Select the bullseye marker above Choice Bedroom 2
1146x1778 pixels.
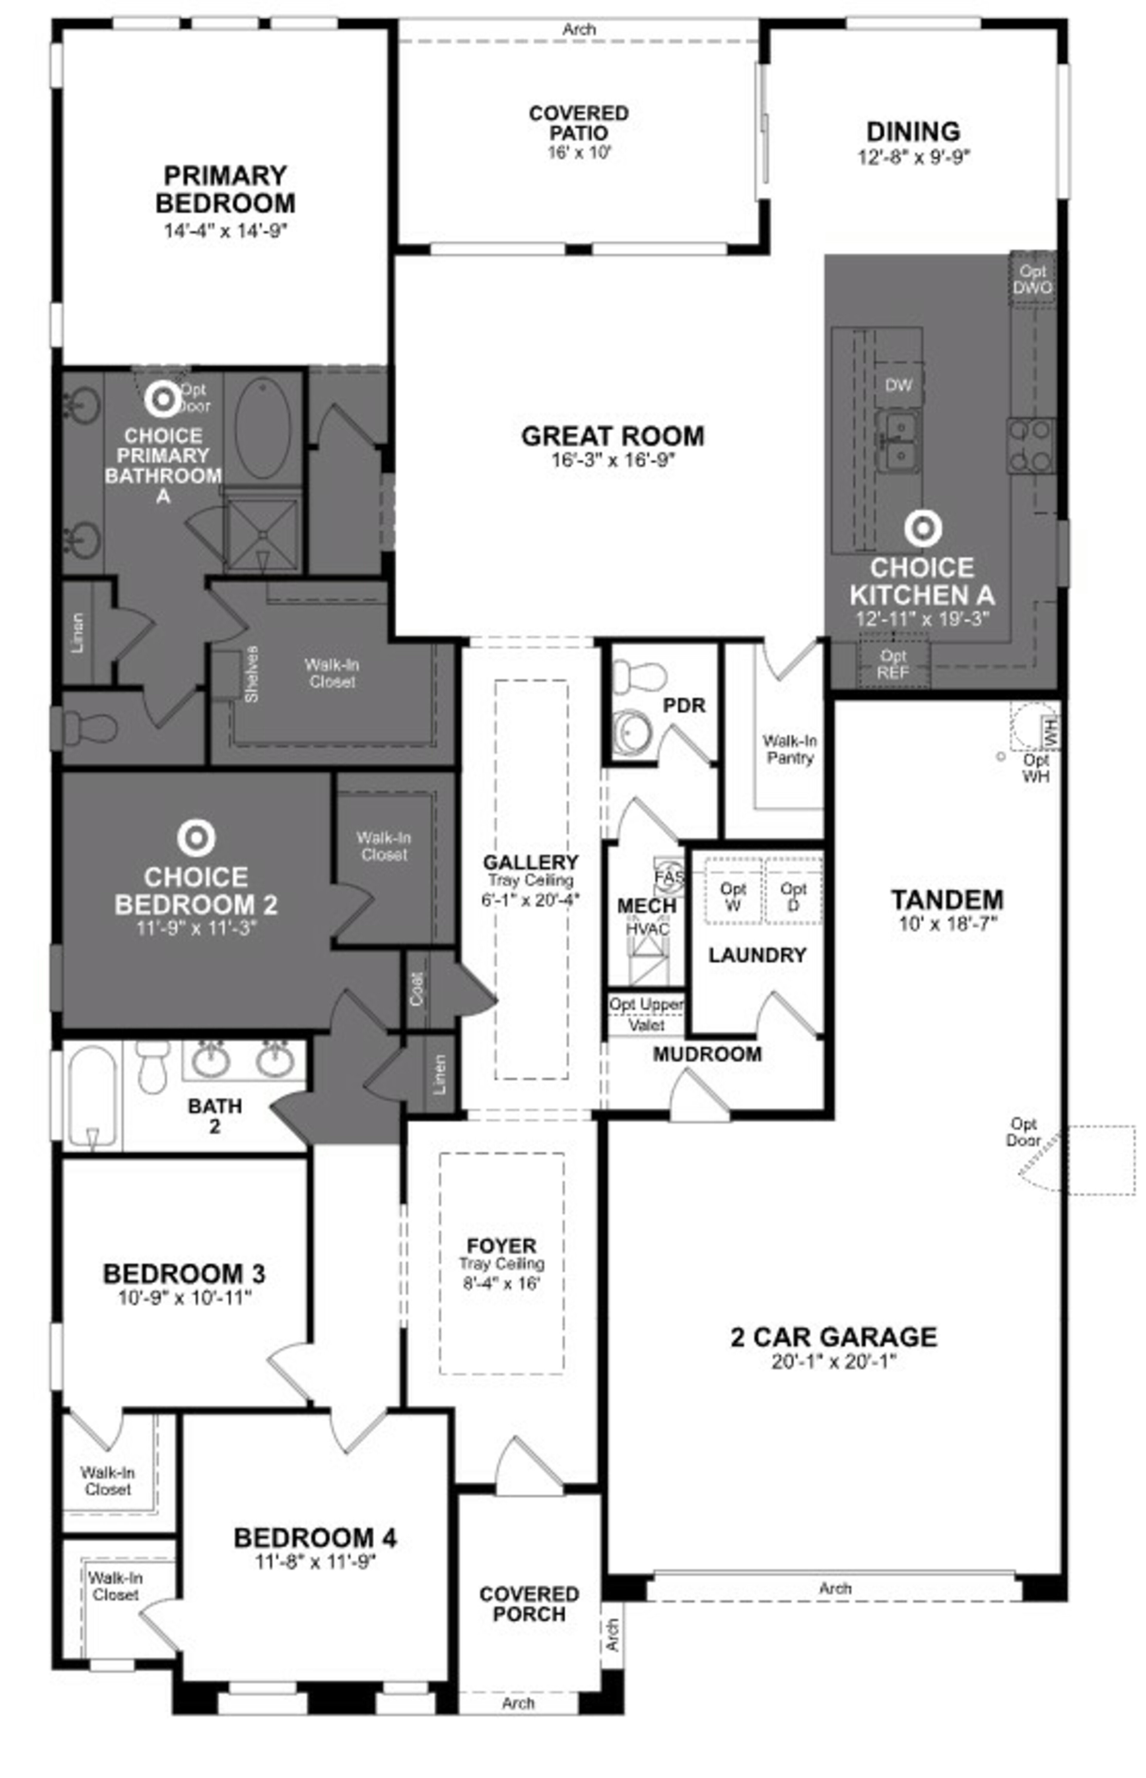(196, 838)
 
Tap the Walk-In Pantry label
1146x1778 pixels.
(790, 749)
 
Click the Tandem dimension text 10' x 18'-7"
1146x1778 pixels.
(947, 924)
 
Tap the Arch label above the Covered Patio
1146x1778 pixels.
(579, 30)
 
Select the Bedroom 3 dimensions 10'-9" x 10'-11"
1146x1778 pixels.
(184, 1298)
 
